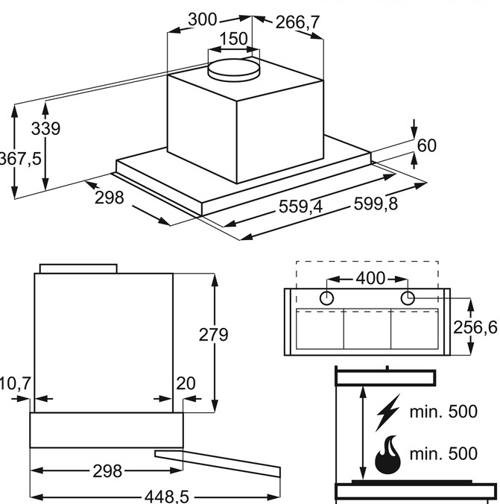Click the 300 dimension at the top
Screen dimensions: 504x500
coord(203,21)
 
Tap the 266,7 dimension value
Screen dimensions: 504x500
coord(297,23)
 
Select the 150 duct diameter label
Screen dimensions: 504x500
coord(234,39)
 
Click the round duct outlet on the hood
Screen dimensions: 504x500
coord(233,69)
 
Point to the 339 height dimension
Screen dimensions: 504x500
coord(45,128)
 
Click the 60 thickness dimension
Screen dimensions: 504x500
coord(426,146)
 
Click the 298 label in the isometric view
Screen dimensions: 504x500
coord(109,198)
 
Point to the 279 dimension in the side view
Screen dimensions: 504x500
coord(214,335)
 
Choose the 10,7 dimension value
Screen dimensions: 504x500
coord(15,383)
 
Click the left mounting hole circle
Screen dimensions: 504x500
coord(326,298)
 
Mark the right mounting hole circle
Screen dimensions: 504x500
coord(408,298)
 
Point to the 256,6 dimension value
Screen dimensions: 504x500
coord(475,327)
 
